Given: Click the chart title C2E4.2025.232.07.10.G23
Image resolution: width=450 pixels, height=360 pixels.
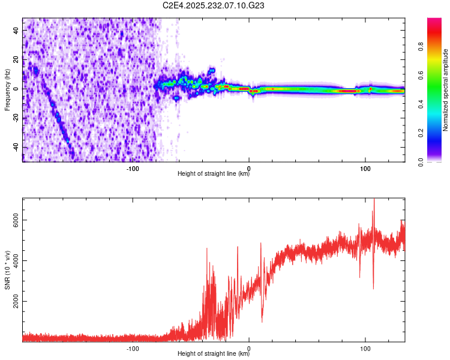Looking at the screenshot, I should click(x=214, y=5).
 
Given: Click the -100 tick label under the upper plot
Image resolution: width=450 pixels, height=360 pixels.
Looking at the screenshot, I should click(x=133, y=169).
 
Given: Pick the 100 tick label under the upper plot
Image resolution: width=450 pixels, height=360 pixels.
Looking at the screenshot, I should click(x=365, y=169).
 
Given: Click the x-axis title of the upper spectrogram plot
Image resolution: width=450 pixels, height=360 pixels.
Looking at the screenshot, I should click(x=214, y=175).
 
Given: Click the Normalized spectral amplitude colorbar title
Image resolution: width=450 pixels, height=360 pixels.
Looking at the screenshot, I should click(x=445, y=90).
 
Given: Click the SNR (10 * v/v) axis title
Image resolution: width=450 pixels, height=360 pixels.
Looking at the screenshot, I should click(x=7, y=269).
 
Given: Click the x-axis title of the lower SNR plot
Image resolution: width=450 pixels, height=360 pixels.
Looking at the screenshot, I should click(x=214, y=354).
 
